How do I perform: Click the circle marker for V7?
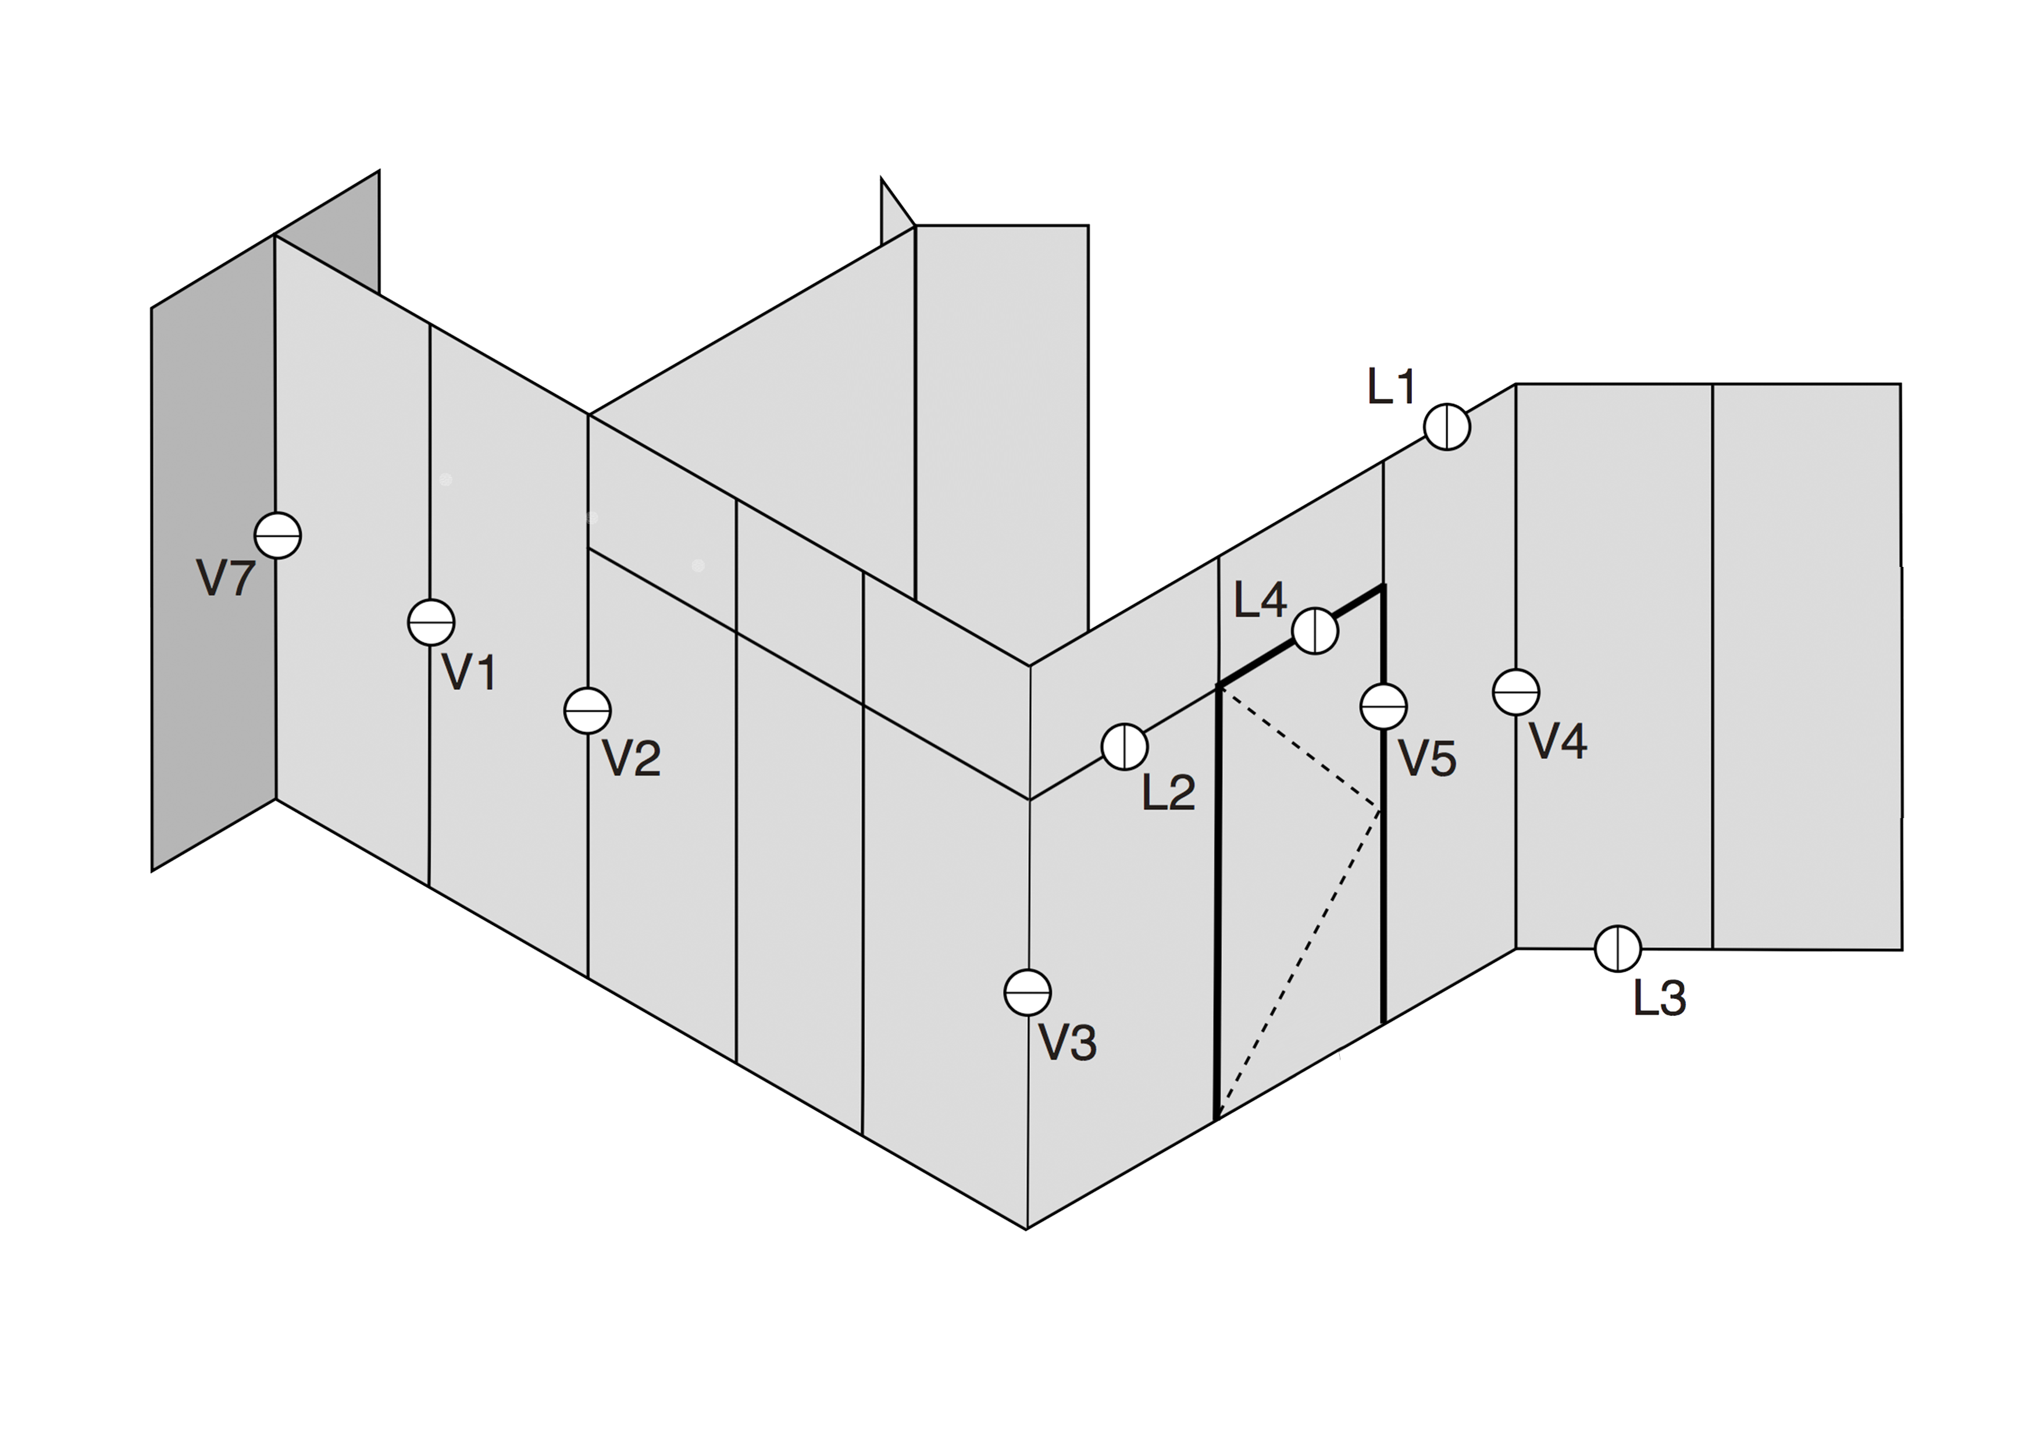click(278, 536)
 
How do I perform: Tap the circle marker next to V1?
click(431, 623)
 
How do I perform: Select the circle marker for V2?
click(587, 710)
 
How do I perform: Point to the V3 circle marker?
click(1028, 993)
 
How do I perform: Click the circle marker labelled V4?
click(1517, 692)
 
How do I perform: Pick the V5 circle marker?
click(1383, 706)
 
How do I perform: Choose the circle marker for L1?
click(1447, 427)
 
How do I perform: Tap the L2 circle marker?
click(1125, 747)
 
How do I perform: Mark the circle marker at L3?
click(1618, 949)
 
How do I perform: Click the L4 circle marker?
click(1315, 631)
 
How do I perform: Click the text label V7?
click(226, 579)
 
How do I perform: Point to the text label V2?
click(632, 758)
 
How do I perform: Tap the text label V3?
click(1068, 1042)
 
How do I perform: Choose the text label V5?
click(1428, 758)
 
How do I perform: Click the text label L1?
click(1392, 387)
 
